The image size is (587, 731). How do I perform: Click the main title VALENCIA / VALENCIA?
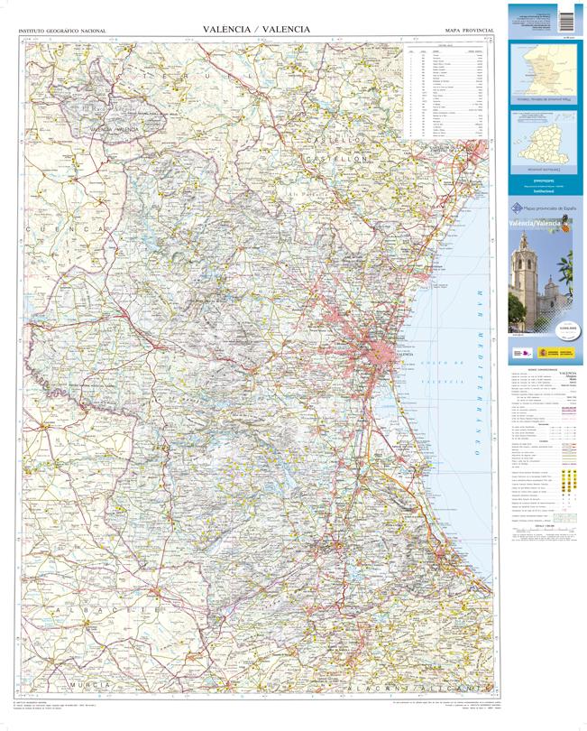pos(256,30)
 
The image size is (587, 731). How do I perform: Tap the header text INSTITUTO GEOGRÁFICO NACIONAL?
pos(62,32)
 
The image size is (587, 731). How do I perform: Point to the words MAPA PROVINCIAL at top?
pos(469,32)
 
